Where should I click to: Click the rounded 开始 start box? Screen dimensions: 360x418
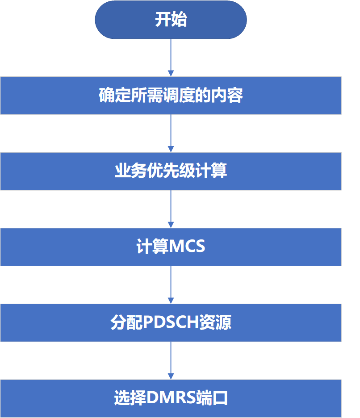click(171, 20)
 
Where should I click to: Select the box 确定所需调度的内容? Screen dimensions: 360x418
click(171, 96)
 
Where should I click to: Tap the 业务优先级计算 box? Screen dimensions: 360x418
click(171, 171)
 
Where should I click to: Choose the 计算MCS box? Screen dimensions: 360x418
click(171, 247)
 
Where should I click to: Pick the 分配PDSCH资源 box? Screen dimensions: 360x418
click(171, 322)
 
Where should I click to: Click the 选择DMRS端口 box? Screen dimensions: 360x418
click(171, 398)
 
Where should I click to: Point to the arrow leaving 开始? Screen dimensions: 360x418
click(171, 58)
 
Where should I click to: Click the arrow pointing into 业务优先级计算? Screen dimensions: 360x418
click(171, 134)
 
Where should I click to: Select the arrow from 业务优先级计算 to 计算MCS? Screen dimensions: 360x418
click(171, 209)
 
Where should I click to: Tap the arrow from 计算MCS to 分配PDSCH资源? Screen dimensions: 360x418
click(171, 285)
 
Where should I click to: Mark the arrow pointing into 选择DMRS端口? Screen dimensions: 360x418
click(171, 361)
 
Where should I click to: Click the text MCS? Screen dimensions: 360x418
click(187, 246)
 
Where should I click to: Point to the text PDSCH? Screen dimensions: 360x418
click(171, 322)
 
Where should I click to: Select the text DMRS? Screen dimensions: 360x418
click(171, 398)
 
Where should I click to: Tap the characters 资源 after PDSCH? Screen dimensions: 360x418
click(215, 322)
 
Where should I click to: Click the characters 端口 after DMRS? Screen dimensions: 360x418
click(212, 398)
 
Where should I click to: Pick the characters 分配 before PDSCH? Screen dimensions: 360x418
click(127, 322)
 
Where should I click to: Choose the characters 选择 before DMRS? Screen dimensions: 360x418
click(130, 398)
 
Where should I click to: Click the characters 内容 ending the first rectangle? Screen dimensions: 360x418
click(227, 95)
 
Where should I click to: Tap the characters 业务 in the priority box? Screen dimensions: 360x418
click(131, 171)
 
